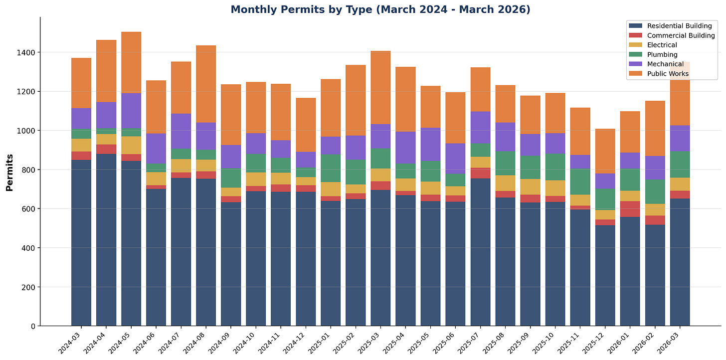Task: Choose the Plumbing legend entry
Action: (662, 55)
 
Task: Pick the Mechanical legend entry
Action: (665, 64)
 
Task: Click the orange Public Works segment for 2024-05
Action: (131, 63)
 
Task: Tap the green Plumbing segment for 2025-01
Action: (331, 168)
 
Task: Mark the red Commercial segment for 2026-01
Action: (630, 209)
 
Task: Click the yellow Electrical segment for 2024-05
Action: (131, 145)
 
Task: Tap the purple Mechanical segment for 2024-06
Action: (156, 148)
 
